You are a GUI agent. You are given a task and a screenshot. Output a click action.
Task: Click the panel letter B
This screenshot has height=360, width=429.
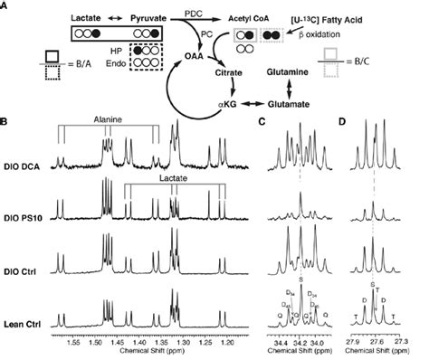click(x=7, y=118)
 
